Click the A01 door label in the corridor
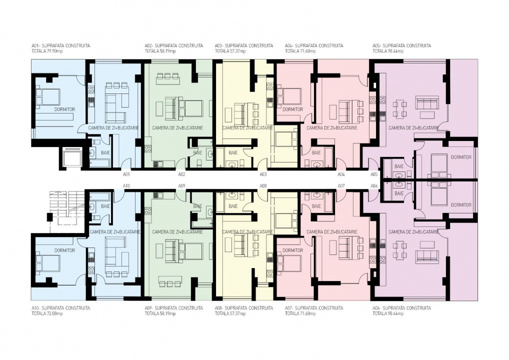[x=126, y=174]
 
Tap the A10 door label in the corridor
[x=126, y=185]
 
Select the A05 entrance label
[x=374, y=174]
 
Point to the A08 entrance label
[x=263, y=185]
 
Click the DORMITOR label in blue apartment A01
[x=65, y=109]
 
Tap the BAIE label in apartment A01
[x=105, y=152]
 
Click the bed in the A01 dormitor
[x=48, y=97]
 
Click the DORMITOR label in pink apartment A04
[x=292, y=109]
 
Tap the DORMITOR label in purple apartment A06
[x=461, y=205]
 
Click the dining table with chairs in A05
[x=399, y=109]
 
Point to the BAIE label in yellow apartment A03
[x=233, y=152]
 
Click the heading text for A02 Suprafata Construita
[x=174, y=46]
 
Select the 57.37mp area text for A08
[x=238, y=313]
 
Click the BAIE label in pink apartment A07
[x=316, y=206]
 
